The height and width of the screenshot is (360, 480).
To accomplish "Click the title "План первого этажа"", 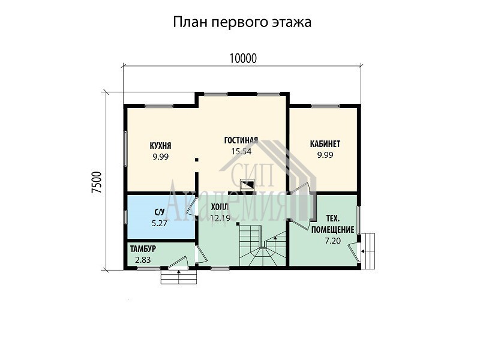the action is [242, 23].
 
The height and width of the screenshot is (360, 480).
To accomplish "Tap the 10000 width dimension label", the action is [243, 58].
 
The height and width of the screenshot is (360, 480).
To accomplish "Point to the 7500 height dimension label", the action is [97, 182].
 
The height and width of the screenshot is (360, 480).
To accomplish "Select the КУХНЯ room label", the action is [160, 145].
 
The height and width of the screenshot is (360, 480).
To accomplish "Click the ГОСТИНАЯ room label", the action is [241, 140].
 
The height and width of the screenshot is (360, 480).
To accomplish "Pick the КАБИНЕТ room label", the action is [325, 144].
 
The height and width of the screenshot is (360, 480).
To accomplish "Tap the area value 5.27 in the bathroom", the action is [160, 223].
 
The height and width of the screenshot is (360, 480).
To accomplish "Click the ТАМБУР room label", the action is [143, 249].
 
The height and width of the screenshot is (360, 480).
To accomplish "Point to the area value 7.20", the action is [333, 241].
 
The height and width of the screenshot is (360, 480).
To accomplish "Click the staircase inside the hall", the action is [263, 245].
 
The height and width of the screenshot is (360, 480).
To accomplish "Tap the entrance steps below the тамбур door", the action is [179, 277].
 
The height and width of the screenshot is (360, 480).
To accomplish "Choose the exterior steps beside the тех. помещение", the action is [368, 251].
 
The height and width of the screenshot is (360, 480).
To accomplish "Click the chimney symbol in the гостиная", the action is [247, 185].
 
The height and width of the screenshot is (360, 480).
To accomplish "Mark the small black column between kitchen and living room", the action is [197, 160].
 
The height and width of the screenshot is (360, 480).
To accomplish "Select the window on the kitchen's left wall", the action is [125, 149].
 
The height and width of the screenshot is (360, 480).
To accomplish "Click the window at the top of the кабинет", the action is [325, 106].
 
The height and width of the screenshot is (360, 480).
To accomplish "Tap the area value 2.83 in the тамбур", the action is [143, 260].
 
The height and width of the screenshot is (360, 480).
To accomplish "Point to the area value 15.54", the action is [241, 151].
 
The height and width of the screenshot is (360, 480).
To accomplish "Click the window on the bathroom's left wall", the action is [125, 217].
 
